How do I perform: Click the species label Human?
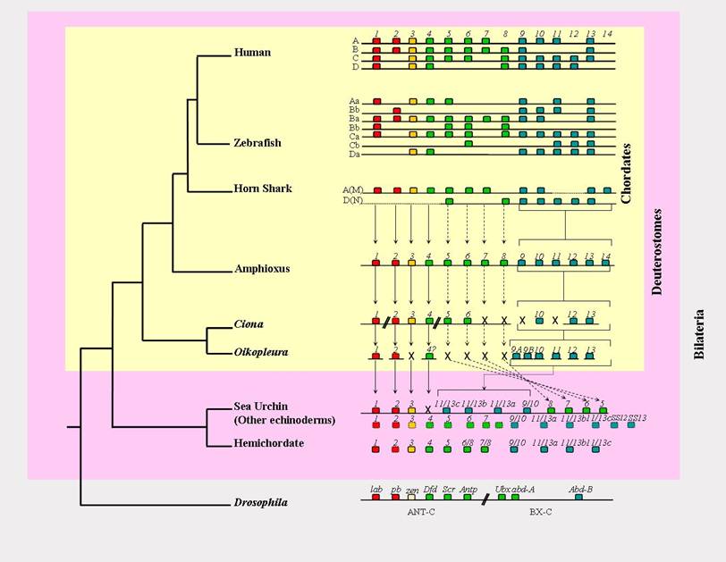[x=251, y=53]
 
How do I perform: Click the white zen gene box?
[x=413, y=498]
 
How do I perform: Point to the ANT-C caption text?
[x=414, y=513]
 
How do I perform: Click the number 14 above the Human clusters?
[x=608, y=34]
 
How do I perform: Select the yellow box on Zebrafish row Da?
[x=413, y=155]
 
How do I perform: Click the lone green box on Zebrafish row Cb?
[x=469, y=144]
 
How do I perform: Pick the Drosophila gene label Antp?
[x=467, y=489]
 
